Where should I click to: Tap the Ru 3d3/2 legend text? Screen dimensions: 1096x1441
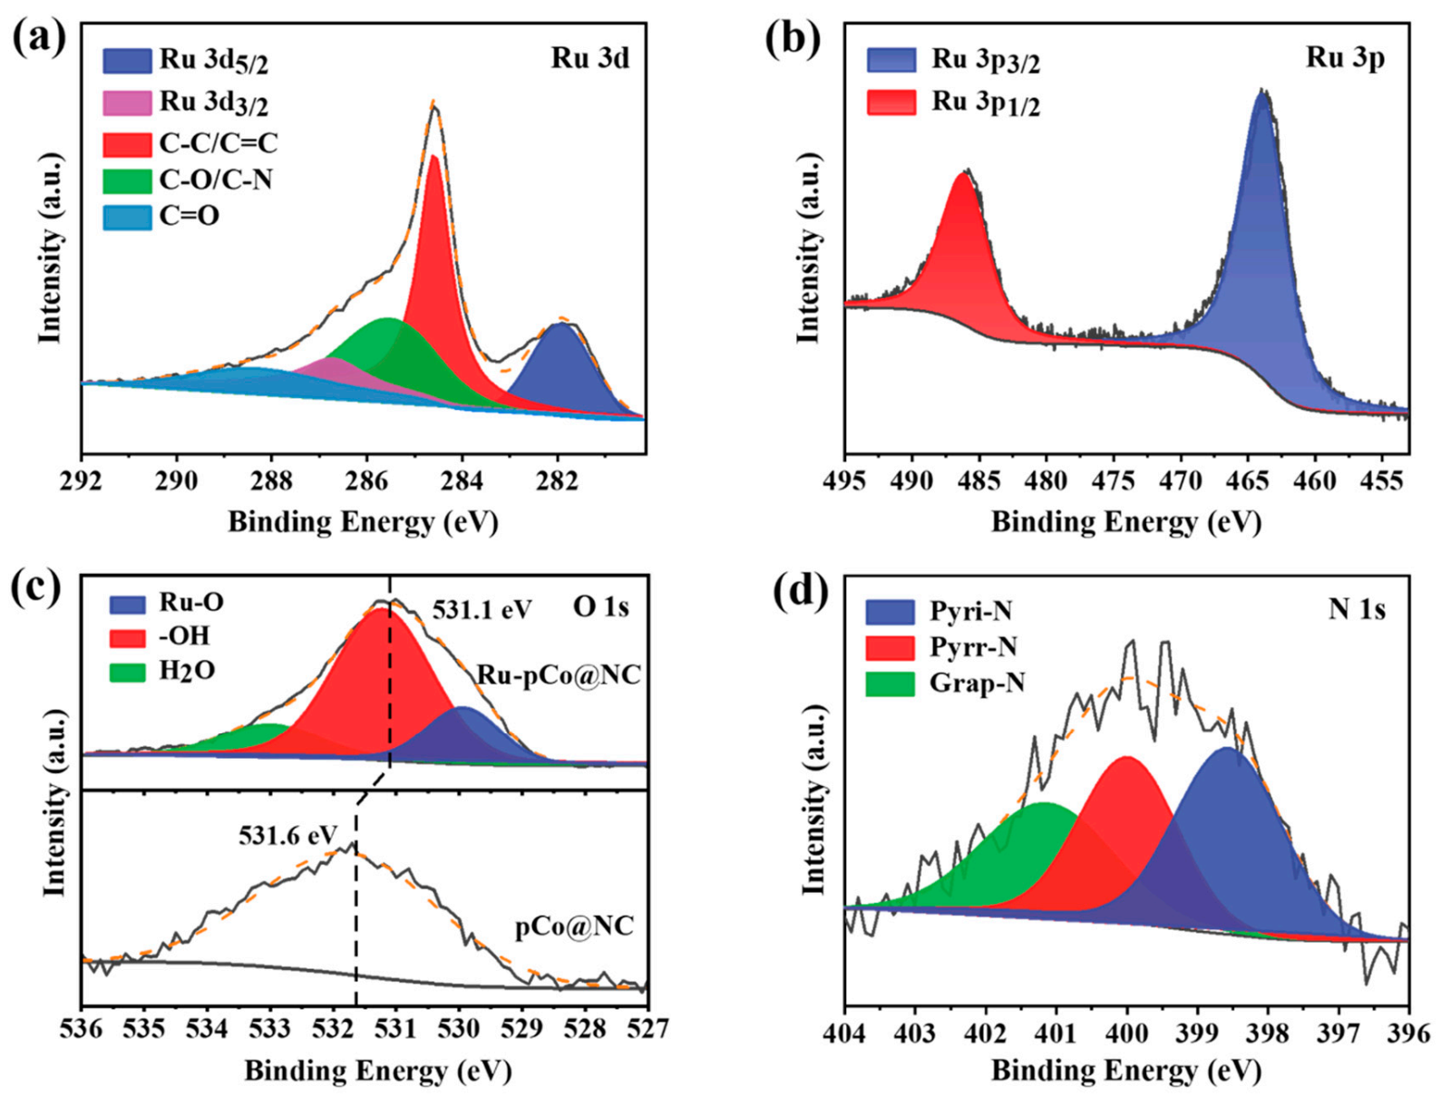pyautogui.click(x=214, y=102)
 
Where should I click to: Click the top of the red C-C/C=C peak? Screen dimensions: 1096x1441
pyautogui.click(x=434, y=158)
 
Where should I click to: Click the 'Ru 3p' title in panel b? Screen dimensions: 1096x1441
pyautogui.click(x=1345, y=58)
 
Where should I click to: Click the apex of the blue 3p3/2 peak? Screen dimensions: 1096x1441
pyautogui.click(x=1261, y=92)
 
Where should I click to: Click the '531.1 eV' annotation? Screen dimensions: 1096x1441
pyautogui.click(x=482, y=610)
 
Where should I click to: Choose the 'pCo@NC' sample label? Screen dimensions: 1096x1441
pyautogui.click(x=574, y=927)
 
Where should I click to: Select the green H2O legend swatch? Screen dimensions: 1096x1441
pyautogui.click(x=127, y=672)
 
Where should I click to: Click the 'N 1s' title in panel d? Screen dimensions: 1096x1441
pyautogui.click(x=1357, y=609)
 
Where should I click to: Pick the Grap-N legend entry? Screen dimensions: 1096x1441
pyautogui.click(x=977, y=683)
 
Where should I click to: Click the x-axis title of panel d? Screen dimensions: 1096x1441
pyautogui.click(x=1125, y=1071)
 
